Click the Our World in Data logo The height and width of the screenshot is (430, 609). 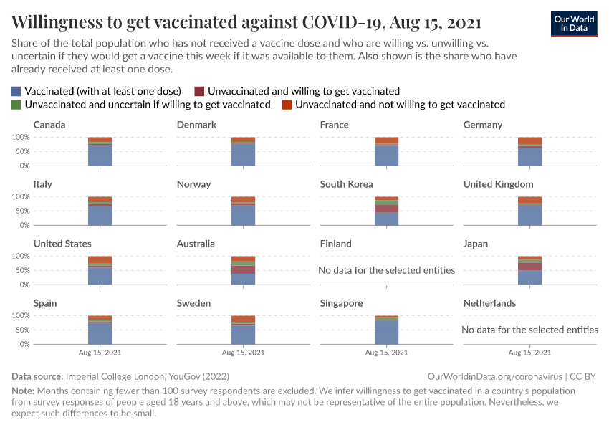point(573,24)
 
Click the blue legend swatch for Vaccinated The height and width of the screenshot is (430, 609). point(17,91)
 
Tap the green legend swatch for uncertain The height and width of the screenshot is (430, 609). point(17,105)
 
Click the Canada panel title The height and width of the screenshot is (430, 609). point(49,125)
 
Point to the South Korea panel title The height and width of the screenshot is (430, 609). point(346,184)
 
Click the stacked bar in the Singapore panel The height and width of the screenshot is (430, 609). point(387,330)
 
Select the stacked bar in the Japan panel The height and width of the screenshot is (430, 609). point(530,271)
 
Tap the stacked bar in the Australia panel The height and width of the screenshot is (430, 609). point(244,271)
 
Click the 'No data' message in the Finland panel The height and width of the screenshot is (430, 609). point(387,270)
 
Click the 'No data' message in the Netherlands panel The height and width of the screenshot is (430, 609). point(530,330)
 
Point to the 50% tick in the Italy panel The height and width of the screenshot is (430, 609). point(21,211)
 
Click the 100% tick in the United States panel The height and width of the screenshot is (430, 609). point(20,256)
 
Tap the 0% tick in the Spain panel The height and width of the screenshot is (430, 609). point(24,344)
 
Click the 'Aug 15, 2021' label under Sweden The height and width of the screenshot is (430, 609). point(244,353)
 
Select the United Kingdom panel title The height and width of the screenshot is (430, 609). point(498,184)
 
